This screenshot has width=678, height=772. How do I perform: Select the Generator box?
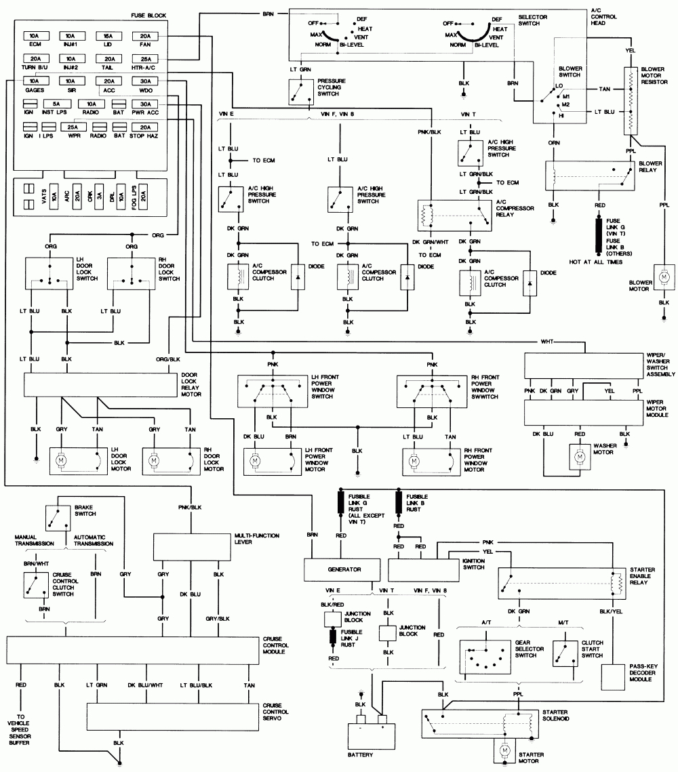click(x=343, y=569)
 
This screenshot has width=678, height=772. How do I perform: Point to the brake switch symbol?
click(x=58, y=519)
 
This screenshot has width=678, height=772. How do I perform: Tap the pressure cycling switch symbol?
click(x=296, y=92)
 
